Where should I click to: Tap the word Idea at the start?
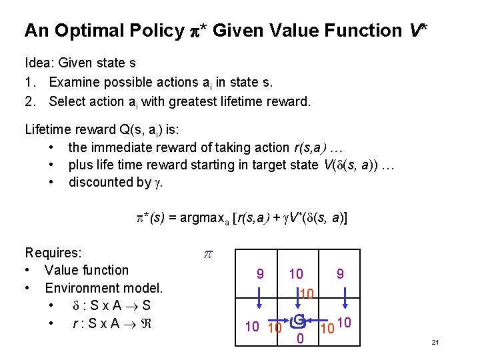[x=39, y=63]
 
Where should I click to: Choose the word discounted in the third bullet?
[x=101, y=182]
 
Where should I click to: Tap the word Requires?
[x=53, y=253]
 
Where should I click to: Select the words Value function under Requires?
[x=87, y=270]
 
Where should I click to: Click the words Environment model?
[x=103, y=288]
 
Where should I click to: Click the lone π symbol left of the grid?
[x=207, y=254]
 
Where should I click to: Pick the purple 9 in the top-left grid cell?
[x=260, y=273]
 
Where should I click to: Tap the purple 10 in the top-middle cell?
[x=296, y=274]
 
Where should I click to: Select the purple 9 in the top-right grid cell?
[x=340, y=273]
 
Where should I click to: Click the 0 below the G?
[x=300, y=340]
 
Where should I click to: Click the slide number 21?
[x=435, y=342]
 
